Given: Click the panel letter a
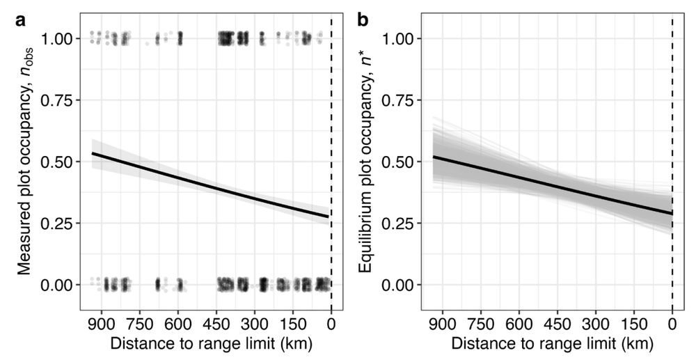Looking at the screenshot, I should pyautogui.click(x=21, y=20).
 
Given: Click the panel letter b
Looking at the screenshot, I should pyautogui.click(x=363, y=20).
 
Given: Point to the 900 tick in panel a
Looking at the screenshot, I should pyautogui.click(x=102, y=324).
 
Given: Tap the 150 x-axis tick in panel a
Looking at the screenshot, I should pyautogui.click(x=292, y=324).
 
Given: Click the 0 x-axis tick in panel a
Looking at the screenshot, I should pyautogui.click(x=331, y=324).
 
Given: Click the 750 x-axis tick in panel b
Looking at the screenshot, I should pyautogui.click(x=479, y=324).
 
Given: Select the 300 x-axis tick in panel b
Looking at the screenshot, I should pyautogui.click(x=595, y=324).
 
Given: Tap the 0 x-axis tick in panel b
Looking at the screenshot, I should pyautogui.click(x=672, y=324).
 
